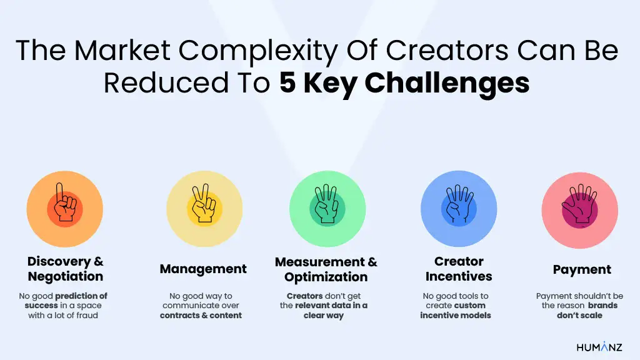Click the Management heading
pos(203,269)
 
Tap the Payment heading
pos(582,270)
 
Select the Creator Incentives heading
pos(459,269)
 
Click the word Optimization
pos(326,277)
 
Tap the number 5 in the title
pos(287,83)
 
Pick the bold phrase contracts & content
pos(201,316)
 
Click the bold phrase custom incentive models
pos(459,311)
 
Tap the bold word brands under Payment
pos(603,306)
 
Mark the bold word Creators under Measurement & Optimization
pos(305,296)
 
